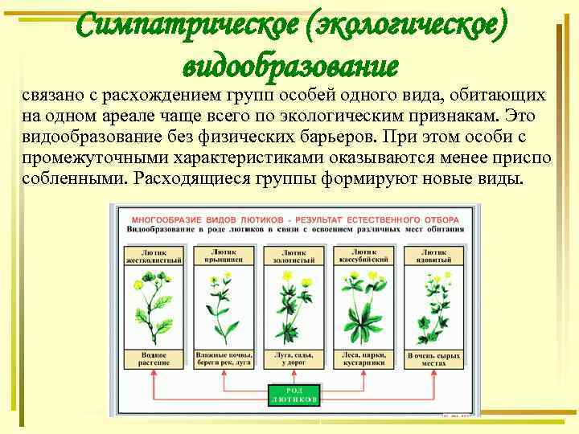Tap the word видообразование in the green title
291,63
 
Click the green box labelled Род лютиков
294,395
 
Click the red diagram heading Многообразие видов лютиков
294,219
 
